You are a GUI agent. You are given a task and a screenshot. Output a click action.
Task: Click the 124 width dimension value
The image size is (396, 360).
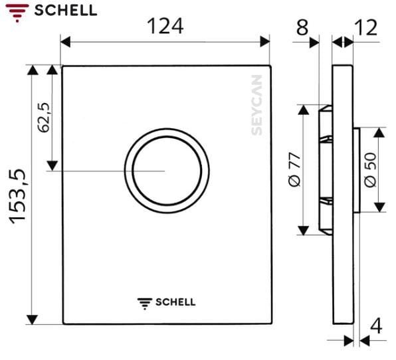click(x=165, y=26)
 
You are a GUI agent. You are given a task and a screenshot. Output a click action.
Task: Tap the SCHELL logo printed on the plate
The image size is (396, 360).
click(x=166, y=302)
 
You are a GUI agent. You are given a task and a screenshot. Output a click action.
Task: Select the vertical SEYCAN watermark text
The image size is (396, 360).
click(x=257, y=104)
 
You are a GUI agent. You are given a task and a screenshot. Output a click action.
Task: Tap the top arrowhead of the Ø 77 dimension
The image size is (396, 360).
click(x=303, y=108)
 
